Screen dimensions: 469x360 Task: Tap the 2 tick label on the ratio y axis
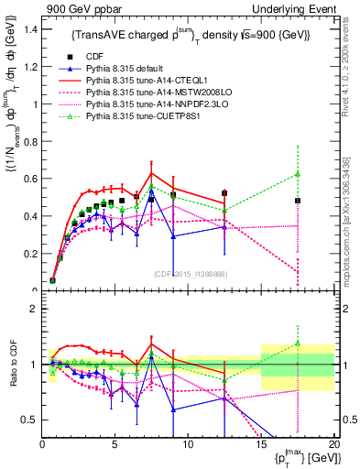[x=34, y=309]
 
